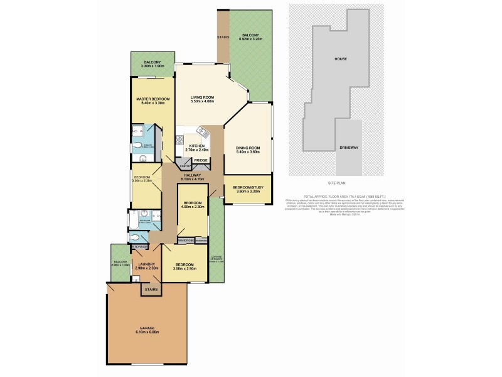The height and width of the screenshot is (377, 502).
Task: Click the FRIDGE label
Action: [x=201, y=160]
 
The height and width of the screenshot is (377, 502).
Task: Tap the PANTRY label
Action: [x=185, y=166]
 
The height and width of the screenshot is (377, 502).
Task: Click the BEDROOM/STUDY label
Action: [x=249, y=187]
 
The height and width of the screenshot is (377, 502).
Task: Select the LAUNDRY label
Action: [x=147, y=265]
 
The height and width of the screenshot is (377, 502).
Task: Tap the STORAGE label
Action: [x=139, y=248]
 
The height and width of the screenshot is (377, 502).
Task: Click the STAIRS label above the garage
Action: [x=151, y=290]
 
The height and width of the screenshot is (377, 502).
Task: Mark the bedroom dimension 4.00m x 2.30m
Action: [x=192, y=208]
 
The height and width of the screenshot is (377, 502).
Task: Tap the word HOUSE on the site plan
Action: [x=341, y=59]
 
